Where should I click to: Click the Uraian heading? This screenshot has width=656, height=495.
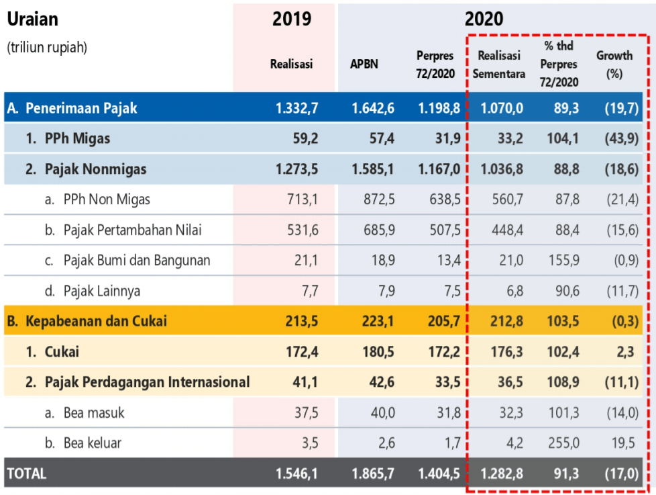32,19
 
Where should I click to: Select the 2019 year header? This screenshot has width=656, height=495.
292,19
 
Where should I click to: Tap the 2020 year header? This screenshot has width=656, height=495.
484,19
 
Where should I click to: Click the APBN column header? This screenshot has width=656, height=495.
364,64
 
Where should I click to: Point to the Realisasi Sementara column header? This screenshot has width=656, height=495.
498,64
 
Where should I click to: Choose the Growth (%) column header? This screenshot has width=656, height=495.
614,64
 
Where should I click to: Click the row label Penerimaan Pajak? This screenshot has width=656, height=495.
80,107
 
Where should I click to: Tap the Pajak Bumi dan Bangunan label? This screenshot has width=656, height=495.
136,261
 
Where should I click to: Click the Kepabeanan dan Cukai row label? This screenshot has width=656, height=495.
95,321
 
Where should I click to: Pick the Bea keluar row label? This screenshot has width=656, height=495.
93,443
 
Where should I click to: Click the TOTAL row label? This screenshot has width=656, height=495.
27,474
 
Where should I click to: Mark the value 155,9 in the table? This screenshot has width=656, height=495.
563,261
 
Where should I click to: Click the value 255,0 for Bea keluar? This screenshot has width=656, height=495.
563,443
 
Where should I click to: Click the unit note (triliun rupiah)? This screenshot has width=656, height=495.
47,48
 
